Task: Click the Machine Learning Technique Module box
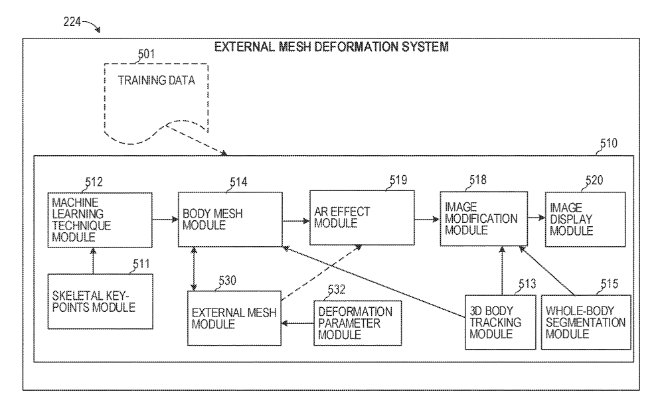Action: pyautogui.click(x=100, y=220)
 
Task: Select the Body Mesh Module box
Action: pyautogui.click(x=230, y=220)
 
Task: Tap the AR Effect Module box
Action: pyautogui.click(x=362, y=218)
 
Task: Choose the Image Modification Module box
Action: pyautogui.click(x=483, y=218)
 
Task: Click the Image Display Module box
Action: pyautogui.click(x=585, y=220)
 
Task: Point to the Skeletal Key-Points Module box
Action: pyautogui.click(x=100, y=301)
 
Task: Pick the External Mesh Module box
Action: pyautogui.click(x=234, y=318)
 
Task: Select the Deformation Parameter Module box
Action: pyautogui.click(x=357, y=323)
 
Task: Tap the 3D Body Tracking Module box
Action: pyautogui.click(x=500, y=322)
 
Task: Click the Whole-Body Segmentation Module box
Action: pyautogui.click(x=586, y=322)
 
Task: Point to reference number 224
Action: pyautogui.click(x=72, y=21)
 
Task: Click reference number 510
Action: pyautogui.click(x=608, y=143)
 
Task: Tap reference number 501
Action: pyautogui.click(x=147, y=54)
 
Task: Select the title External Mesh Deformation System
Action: pyautogui.click(x=331, y=46)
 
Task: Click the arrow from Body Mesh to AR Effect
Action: pyautogui.click(x=296, y=220)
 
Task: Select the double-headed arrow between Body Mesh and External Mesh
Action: pyautogui.click(x=193, y=269)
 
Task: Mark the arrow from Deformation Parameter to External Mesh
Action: pyautogui.click(x=297, y=323)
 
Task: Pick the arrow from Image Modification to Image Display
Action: pyautogui.click(x=536, y=218)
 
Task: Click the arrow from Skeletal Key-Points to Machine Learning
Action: pyautogui.click(x=93, y=261)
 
